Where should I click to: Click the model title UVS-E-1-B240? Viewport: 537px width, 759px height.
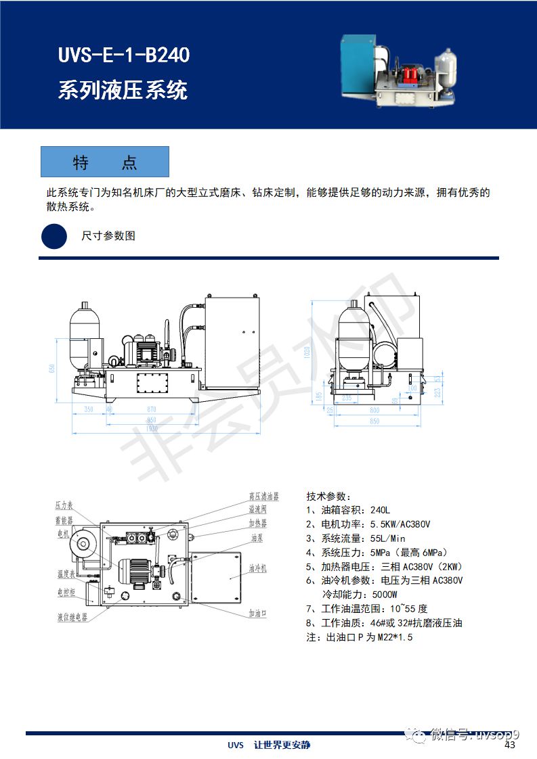coord(124,55)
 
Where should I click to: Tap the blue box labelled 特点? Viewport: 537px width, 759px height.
coord(105,162)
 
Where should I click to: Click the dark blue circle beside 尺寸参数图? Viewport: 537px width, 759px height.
coord(54,235)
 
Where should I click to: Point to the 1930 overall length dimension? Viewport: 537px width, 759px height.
coord(150,429)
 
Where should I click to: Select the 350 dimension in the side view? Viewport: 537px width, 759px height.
coord(89,410)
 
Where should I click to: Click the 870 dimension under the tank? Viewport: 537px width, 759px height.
coord(150,410)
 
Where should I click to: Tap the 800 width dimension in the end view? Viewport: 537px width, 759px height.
coord(374,410)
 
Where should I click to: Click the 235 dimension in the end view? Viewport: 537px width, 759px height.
coord(347,398)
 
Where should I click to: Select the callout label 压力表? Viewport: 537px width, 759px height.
coord(64,505)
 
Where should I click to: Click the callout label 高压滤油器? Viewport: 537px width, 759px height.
coord(263,497)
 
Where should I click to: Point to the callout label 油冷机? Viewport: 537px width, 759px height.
coord(258,568)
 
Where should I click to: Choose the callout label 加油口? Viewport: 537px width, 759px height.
coord(258,613)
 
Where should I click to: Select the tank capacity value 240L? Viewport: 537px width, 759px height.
coord(379,510)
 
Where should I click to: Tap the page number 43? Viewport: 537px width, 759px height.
coord(510,745)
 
